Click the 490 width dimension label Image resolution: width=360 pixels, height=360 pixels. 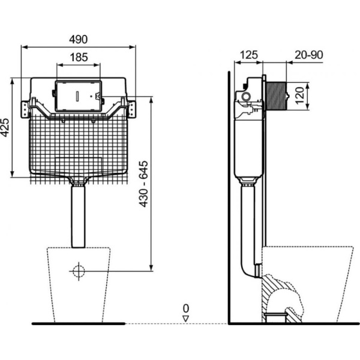(78, 39)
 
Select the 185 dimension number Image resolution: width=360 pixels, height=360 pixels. (78, 58)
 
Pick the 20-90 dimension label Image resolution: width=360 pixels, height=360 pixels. (308, 55)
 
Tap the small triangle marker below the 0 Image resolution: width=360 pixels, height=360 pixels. (186, 317)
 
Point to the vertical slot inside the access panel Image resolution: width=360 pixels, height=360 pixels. (78, 96)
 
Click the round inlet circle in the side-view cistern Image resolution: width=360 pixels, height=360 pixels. (245, 96)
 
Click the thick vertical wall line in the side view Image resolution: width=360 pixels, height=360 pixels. (230, 198)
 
